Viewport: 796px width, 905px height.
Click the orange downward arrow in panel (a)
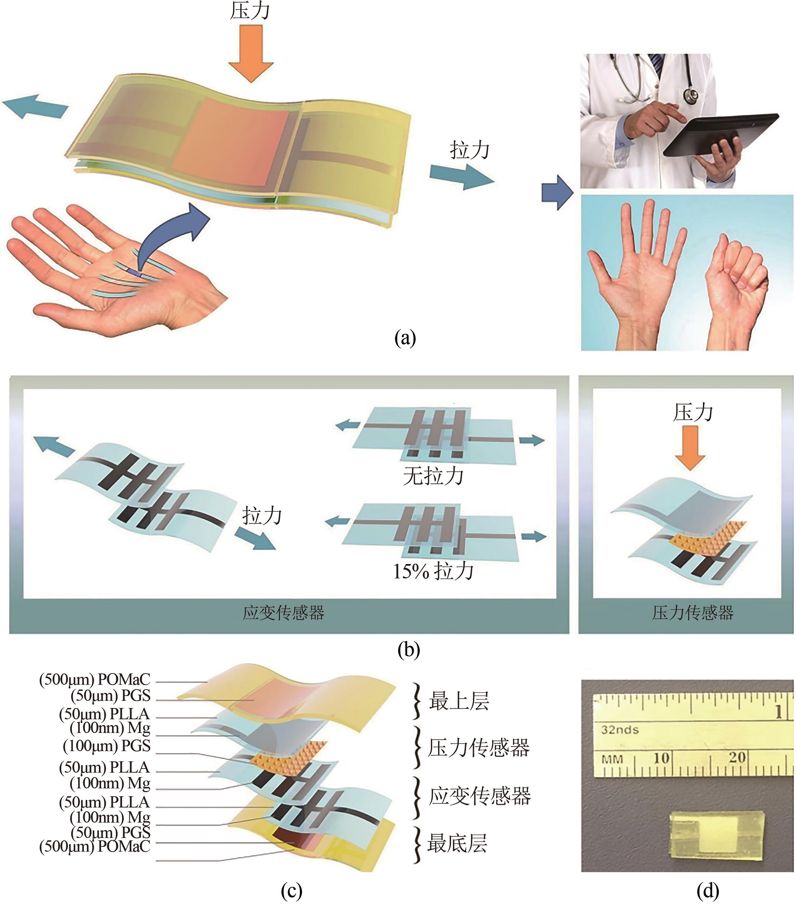tap(251, 53)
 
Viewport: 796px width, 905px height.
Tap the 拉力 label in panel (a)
tap(470, 150)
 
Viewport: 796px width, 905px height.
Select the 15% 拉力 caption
tap(433, 572)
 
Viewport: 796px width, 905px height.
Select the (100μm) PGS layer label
tap(107, 746)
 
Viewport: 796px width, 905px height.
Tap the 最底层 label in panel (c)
tap(457, 843)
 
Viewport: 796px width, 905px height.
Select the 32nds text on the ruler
tap(620, 730)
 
